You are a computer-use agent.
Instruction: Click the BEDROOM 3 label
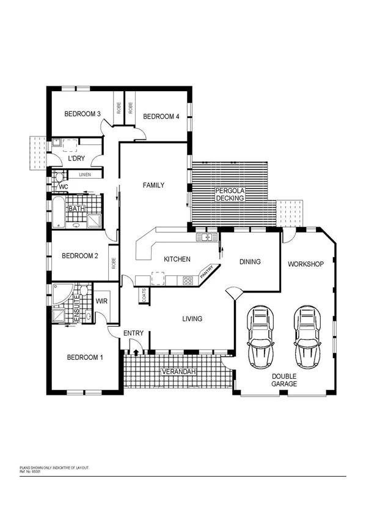click(82, 114)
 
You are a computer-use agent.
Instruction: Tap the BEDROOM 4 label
click(161, 116)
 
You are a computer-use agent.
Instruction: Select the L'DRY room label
click(76, 159)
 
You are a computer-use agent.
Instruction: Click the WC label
click(63, 186)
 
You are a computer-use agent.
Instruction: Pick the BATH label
click(76, 209)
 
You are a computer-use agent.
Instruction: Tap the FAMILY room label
click(153, 185)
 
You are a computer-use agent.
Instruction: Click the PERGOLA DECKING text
click(230, 195)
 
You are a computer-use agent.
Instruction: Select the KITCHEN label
click(177, 259)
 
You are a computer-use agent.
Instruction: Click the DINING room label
click(250, 262)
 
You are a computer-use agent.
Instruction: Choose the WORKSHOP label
click(306, 264)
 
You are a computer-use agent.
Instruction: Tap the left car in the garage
click(261, 335)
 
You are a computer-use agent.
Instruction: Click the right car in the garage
click(307, 335)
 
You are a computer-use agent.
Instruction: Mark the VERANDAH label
click(178, 372)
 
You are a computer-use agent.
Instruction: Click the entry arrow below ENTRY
click(135, 351)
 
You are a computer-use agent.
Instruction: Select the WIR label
click(101, 301)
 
